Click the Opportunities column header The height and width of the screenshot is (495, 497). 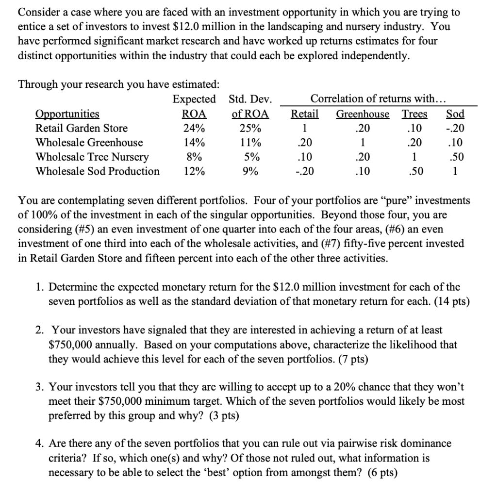coord(67,114)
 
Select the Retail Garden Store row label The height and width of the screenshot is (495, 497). coord(82,128)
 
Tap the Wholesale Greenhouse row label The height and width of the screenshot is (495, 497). coord(89,143)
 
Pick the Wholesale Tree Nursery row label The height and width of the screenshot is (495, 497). coord(92,157)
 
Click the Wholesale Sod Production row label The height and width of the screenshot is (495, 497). coord(98,171)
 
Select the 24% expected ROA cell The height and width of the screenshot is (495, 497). coord(194,128)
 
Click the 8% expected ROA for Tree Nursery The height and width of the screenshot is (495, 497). coord(194,157)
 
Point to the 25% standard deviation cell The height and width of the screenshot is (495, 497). coord(249,128)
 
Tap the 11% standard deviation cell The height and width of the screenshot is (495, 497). coord(249,143)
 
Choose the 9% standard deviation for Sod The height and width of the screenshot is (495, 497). coord(249,171)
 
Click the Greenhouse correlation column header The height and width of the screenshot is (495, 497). coord(363,114)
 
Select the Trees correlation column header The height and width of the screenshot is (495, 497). coord(414,114)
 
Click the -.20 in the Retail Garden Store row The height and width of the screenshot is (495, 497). coord(455,128)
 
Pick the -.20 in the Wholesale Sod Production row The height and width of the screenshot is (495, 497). coord(304,171)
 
